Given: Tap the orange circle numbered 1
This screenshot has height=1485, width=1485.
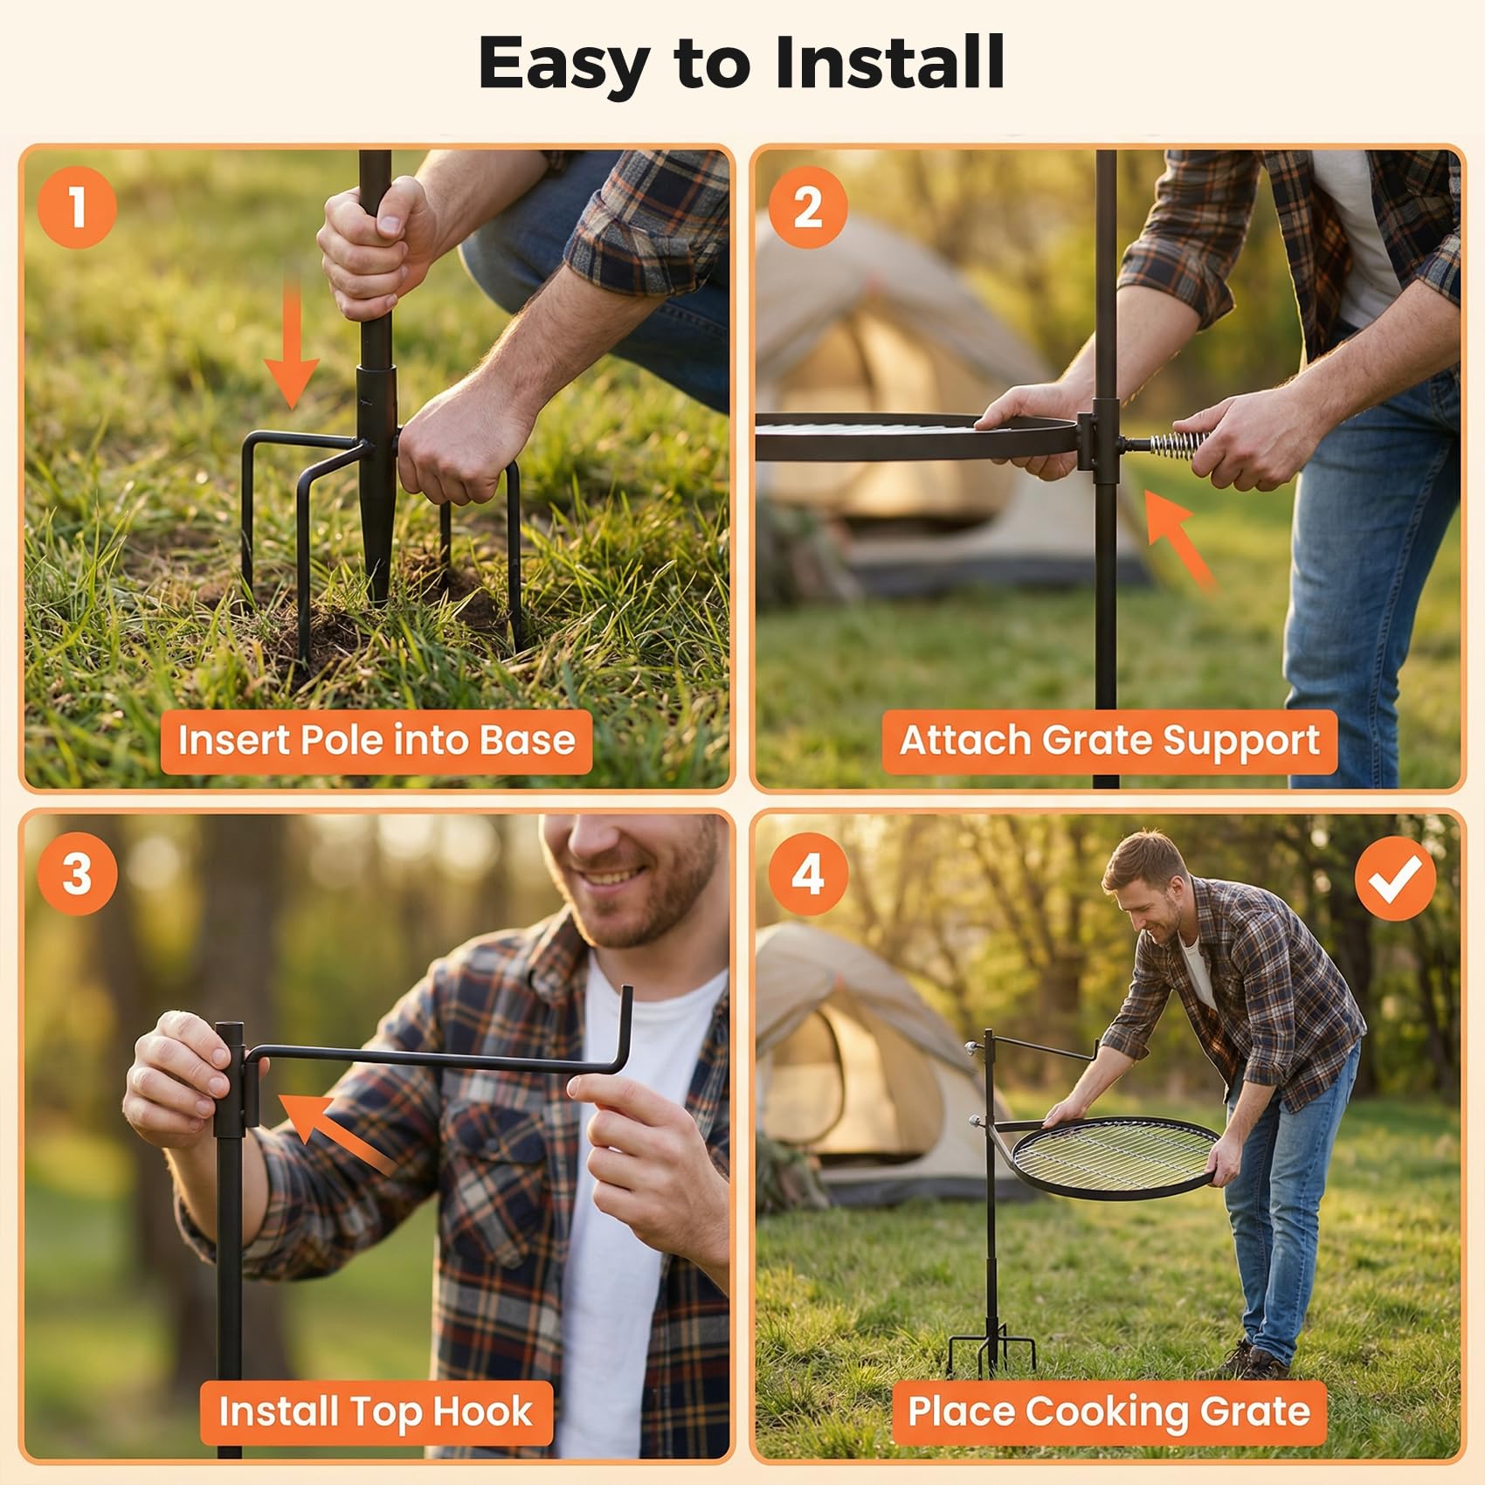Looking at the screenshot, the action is click(77, 207).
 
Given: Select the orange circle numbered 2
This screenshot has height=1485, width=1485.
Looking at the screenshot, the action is click(808, 207).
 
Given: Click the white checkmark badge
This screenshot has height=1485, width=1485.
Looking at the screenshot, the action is click(1395, 878).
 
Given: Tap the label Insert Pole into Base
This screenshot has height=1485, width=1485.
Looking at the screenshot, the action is click(376, 741).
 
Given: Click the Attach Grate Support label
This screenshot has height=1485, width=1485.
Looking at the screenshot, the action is click(1109, 741).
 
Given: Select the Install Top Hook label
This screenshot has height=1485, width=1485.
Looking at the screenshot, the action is click(376, 1412).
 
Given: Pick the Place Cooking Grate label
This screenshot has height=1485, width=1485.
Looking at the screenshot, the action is click(1109, 1412).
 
